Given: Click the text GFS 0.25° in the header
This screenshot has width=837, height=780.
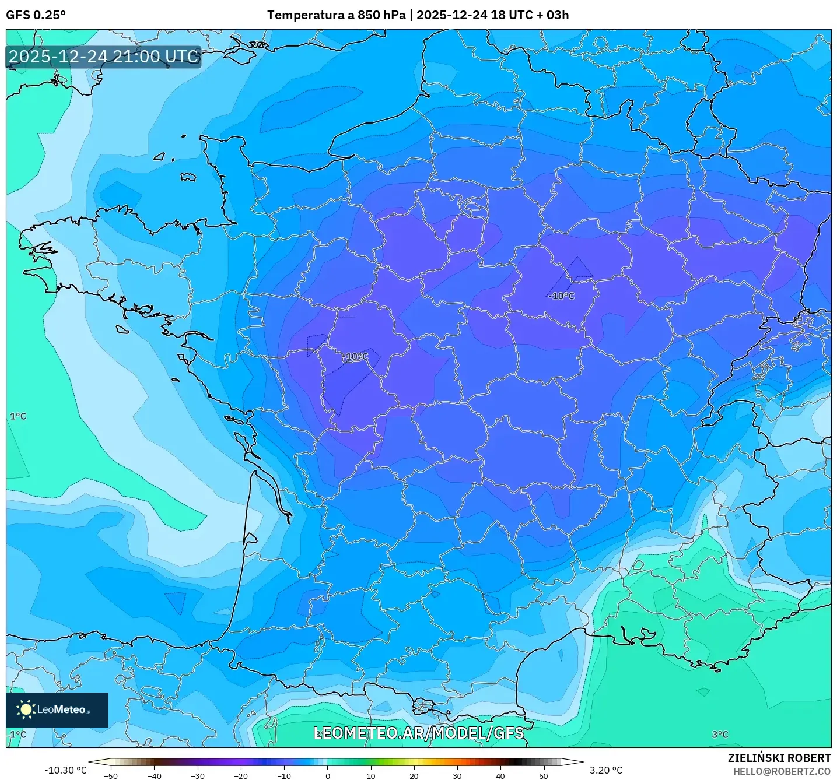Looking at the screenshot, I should click(36, 15).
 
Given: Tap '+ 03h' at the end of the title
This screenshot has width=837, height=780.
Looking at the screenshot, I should click(553, 15).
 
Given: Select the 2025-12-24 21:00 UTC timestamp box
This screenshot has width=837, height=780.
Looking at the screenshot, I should click(103, 57).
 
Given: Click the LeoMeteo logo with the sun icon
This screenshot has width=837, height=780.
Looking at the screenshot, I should click(57, 709).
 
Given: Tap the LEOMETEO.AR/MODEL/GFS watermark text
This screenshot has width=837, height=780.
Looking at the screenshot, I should click(418, 733).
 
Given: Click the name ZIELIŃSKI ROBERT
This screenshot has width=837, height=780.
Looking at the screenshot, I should click(779, 758).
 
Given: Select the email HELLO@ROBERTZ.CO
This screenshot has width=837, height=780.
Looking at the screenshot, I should click(782, 771).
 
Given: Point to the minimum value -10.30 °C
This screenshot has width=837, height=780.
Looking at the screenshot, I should click(65, 770).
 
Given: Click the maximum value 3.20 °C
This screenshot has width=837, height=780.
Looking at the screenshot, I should click(606, 770).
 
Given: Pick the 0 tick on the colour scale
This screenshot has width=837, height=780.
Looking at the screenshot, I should click(328, 775).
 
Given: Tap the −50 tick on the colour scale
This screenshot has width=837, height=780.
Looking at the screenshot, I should click(111, 775).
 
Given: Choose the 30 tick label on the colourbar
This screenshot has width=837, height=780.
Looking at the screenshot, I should click(457, 775).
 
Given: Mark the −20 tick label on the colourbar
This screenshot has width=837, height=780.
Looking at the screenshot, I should click(241, 775).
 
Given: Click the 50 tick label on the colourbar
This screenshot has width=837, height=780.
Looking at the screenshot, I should click(544, 775).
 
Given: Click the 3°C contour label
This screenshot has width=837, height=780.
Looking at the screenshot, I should click(720, 735).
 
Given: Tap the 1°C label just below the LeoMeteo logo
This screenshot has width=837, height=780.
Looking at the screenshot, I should click(18, 735).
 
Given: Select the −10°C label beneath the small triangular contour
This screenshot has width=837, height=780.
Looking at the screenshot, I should click(562, 296).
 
